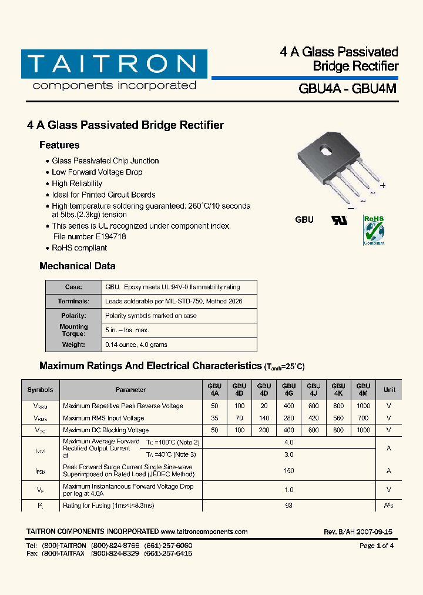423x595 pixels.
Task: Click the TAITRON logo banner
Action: coord(114,65)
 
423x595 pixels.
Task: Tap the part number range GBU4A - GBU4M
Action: coord(348,89)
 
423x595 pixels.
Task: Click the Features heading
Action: coord(59,145)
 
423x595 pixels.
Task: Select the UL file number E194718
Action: coord(107,236)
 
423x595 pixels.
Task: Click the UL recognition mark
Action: coord(340,220)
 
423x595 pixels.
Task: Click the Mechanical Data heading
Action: coord(77,266)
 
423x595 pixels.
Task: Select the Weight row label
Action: coord(73,345)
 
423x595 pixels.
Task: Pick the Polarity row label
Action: coord(73,316)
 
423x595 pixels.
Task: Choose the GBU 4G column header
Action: coord(288,390)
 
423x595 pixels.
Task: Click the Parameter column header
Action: coord(130,390)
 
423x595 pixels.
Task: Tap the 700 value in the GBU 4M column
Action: coord(363,418)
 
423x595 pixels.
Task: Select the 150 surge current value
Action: coord(288,470)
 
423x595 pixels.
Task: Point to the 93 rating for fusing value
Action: coord(288,506)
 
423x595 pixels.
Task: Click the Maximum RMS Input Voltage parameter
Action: coord(103,418)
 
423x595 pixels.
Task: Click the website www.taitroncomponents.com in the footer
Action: coord(204,532)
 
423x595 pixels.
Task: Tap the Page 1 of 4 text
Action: coord(376,546)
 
